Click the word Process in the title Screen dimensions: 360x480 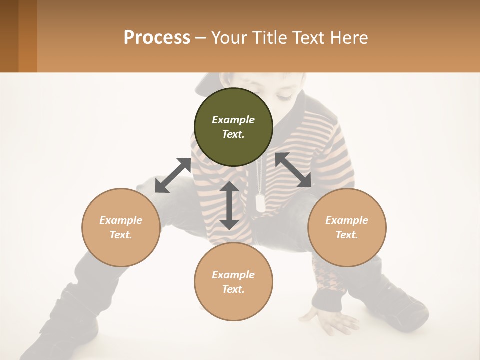tap(157, 38)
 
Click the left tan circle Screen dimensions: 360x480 tap(121, 227)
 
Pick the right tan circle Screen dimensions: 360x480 tap(347, 227)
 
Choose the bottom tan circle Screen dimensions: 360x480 tap(233, 281)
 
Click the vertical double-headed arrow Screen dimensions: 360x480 tap(229, 206)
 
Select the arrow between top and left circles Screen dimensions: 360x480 tap(173, 175)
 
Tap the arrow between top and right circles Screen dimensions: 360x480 tap(293, 170)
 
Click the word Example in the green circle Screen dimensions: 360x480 tap(233, 120)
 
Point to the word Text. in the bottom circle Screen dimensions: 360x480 tap(233, 289)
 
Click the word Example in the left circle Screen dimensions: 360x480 tap(121, 220)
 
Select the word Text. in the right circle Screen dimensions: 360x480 tap(347, 235)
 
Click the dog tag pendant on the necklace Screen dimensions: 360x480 tap(260, 202)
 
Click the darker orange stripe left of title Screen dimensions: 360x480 tap(28, 36)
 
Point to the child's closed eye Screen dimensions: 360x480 tap(284, 94)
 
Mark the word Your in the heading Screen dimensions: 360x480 tap(227, 38)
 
